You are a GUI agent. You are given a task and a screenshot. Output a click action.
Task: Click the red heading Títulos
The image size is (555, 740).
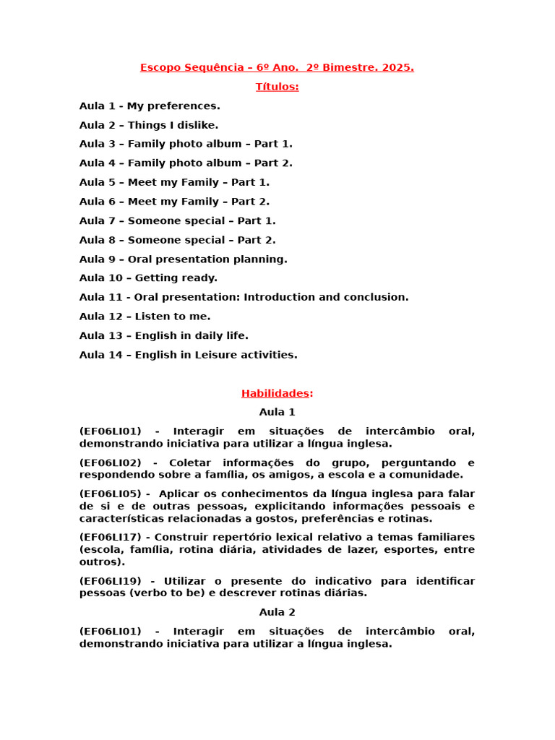277,87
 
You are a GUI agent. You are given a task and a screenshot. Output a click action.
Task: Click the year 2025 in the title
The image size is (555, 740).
398,68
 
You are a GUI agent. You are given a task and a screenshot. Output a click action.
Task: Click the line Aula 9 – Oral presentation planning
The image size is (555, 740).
183,259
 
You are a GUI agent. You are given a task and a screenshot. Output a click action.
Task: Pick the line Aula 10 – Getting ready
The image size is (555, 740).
148,278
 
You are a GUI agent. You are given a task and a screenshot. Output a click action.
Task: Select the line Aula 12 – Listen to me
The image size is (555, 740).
145,317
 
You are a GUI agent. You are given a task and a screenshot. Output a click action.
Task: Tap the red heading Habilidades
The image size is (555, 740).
277,394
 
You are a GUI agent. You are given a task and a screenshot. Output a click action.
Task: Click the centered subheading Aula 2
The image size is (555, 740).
277,612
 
